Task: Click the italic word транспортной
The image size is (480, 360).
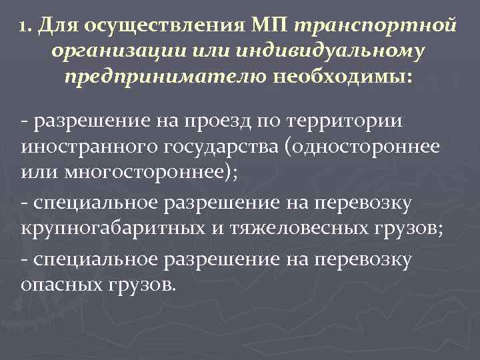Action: pos(374,27)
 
